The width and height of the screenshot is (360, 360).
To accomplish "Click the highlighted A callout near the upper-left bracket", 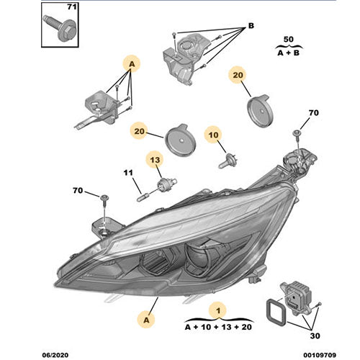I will point(130,63).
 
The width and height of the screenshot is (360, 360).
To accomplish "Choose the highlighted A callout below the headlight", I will point(147,316).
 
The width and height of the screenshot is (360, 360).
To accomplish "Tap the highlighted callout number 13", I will point(153,159).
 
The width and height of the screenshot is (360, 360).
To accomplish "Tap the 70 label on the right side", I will point(312,114).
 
